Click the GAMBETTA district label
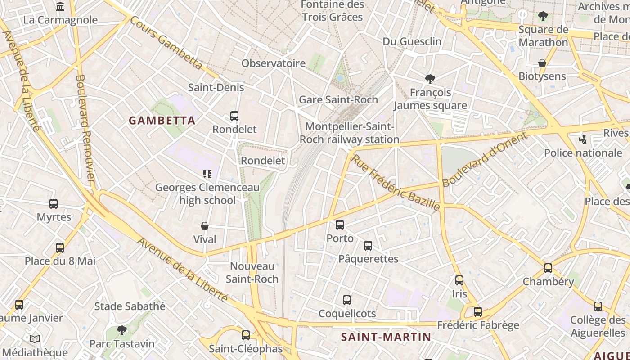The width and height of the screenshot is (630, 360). pyautogui.click(x=162, y=121)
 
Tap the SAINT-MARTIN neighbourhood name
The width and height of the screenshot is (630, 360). pyautogui.click(x=386, y=337)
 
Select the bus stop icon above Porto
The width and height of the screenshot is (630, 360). pyautogui.click(x=340, y=225)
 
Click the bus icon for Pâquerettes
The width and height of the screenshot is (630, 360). pyautogui.click(x=368, y=246)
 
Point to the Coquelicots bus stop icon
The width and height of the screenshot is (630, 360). pyautogui.click(x=347, y=300)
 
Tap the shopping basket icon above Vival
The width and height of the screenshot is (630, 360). pyautogui.click(x=205, y=226)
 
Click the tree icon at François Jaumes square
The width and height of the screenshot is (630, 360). pyautogui.click(x=430, y=79)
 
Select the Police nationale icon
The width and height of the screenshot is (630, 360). pyautogui.click(x=583, y=139)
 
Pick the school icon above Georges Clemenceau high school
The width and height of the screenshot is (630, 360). pyautogui.click(x=207, y=174)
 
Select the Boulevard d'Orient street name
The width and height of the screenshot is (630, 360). pyautogui.click(x=484, y=159)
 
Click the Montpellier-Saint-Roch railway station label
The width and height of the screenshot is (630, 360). pyautogui.click(x=349, y=133)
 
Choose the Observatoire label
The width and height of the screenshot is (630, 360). pyautogui.click(x=273, y=63)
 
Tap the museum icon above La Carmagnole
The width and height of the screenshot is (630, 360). pyautogui.click(x=60, y=7)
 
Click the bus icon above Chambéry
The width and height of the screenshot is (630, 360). pyautogui.click(x=548, y=268)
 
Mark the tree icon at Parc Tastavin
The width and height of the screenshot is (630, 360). pyautogui.click(x=121, y=330)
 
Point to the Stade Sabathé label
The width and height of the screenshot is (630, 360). pyautogui.click(x=130, y=306)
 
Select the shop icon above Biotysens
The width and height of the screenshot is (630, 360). pyautogui.click(x=542, y=63)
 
